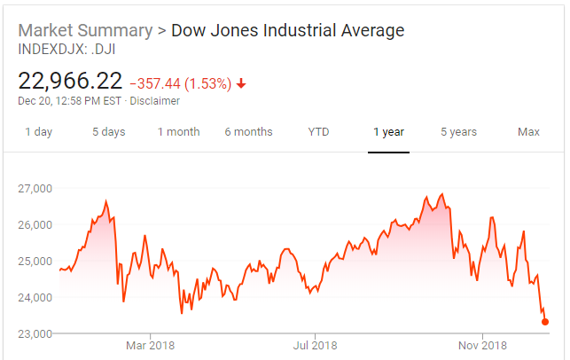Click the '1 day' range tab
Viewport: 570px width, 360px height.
38,132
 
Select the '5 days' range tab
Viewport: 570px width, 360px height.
109,132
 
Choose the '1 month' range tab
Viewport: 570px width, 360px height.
179,132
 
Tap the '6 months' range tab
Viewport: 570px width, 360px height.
248,132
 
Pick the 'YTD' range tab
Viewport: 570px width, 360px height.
318,132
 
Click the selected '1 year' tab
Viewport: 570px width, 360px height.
388,132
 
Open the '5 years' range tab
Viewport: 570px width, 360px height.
458,132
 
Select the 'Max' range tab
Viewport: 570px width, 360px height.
528,132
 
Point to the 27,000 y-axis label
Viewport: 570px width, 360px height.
36,189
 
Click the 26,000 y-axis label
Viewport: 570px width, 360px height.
36,225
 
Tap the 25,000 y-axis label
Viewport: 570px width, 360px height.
36,262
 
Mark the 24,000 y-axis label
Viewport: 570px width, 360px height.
36,298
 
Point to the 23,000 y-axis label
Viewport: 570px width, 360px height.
36,334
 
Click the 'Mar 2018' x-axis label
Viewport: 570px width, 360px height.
150,345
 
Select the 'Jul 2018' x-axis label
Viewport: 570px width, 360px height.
315,345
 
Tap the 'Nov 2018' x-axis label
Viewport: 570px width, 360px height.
481,345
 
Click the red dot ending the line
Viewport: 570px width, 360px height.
545,322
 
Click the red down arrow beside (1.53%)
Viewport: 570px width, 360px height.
241,84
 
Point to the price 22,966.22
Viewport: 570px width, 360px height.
70,82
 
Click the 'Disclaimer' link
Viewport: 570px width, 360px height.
155,101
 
